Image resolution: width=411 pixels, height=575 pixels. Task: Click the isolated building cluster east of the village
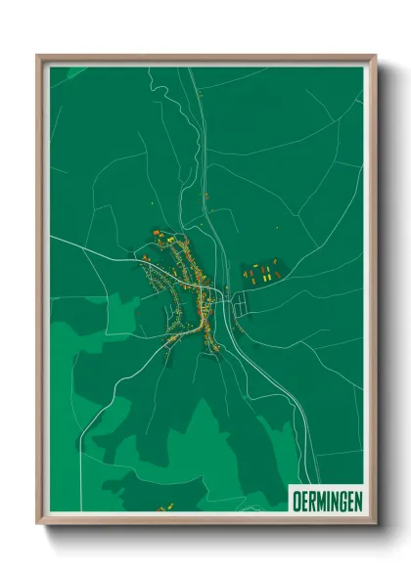tap(261, 272)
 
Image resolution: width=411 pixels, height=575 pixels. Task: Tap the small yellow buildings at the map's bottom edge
tap(165, 508)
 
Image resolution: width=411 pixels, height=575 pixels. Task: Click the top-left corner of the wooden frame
tap(39, 57)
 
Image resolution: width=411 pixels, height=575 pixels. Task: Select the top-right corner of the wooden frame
tap(374, 57)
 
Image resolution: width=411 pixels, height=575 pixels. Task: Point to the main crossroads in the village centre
tap(203, 293)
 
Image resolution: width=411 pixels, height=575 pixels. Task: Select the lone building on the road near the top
tap(199, 94)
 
